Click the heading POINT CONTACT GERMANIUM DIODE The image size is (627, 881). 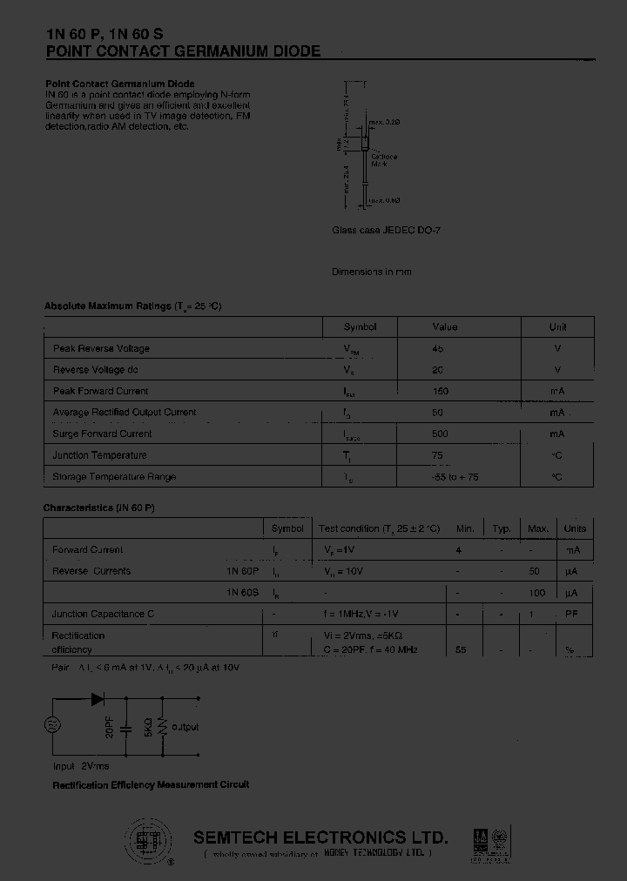click(x=183, y=51)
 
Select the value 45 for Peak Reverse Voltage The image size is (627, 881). click(x=437, y=348)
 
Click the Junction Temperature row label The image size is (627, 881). click(x=99, y=455)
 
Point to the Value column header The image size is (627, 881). click(x=444, y=327)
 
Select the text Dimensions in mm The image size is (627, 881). click(x=371, y=272)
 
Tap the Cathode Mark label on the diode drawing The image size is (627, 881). click(x=383, y=160)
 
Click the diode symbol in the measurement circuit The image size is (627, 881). click(x=97, y=697)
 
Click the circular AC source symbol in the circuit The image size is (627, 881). click(x=51, y=725)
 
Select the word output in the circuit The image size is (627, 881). click(x=185, y=727)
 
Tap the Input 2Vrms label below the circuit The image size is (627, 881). click(x=81, y=766)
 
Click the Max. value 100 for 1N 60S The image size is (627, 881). click(x=537, y=593)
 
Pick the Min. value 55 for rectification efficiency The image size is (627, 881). click(x=461, y=649)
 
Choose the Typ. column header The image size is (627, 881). click(x=502, y=528)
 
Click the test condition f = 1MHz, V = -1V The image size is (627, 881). click(x=362, y=614)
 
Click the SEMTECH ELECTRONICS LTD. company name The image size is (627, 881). click(x=320, y=837)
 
